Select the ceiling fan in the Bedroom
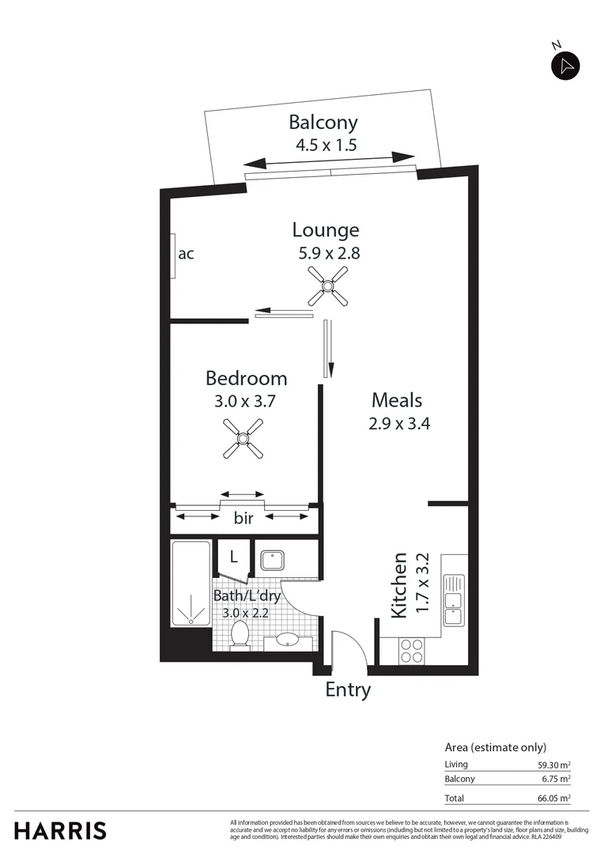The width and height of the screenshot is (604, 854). click(243, 438)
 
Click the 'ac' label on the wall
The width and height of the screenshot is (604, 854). click(186, 254)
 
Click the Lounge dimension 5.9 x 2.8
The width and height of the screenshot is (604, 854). click(326, 254)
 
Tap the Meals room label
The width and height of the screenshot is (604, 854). click(397, 400)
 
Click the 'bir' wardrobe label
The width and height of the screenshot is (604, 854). click(243, 519)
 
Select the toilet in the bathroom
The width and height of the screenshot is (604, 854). click(240, 634)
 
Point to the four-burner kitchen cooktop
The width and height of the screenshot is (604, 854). click(411, 651)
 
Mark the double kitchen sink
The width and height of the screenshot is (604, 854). click(454, 600)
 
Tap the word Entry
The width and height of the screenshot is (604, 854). click(348, 690)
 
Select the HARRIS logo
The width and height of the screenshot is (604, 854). click(60, 830)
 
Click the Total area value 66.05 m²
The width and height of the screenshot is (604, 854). click(553, 799)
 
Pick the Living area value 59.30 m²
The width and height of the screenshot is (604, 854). click(553, 765)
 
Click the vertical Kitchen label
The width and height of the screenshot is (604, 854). click(399, 585)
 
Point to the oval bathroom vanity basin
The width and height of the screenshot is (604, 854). click(285, 640)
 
